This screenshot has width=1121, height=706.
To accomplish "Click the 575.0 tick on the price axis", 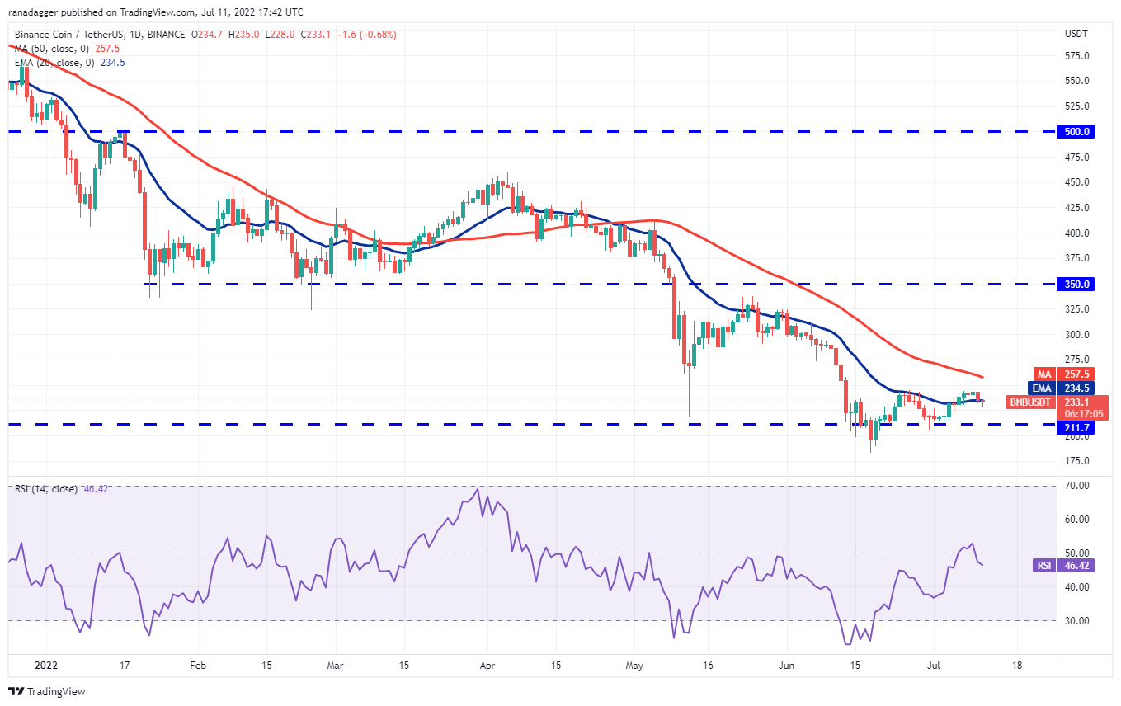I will click(x=1076, y=55).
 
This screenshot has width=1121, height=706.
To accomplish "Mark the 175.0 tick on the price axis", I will click(x=1076, y=460).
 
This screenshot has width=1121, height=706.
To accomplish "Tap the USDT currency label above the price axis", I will click(x=1076, y=34).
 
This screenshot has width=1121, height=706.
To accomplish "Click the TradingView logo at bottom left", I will click(x=47, y=691).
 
